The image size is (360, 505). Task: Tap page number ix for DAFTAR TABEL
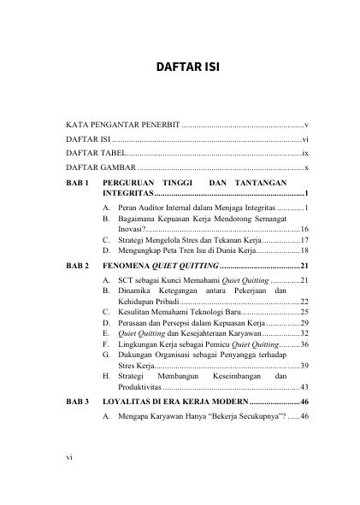pyautogui.click(x=304, y=150)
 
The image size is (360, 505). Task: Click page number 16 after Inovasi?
pyautogui.click(x=304, y=229)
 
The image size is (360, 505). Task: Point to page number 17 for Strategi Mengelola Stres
pyautogui.click(x=304, y=241)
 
